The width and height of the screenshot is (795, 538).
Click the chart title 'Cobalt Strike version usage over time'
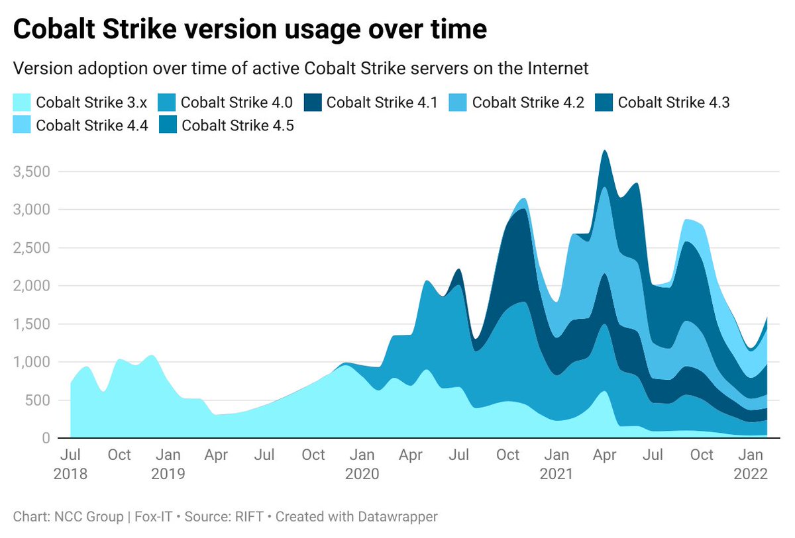(250, 30)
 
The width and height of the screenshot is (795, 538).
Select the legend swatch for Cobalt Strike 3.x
(22, 102)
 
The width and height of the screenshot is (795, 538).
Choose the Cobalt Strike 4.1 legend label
(382, 102)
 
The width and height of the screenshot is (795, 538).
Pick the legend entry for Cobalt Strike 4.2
(528, 102)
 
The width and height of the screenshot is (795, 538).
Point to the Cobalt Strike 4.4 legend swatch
(22, 124)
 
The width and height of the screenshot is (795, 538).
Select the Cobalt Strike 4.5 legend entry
(238, 124)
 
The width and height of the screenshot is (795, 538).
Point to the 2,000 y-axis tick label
(32, 286)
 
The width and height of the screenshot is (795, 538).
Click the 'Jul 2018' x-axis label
(70, 465)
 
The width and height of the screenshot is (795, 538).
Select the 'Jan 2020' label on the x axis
(362, 465)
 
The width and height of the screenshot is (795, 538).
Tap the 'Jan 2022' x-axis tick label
(750, 465)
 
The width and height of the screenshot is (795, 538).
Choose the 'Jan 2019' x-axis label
(168, 465)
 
